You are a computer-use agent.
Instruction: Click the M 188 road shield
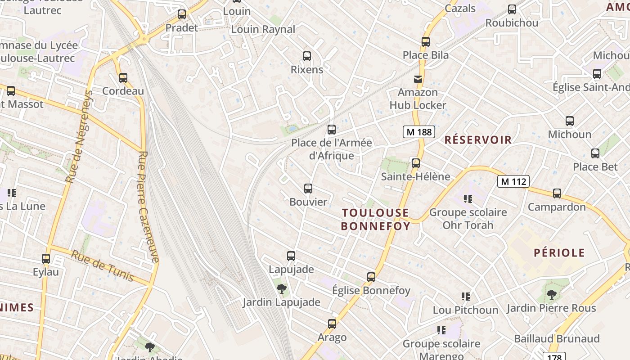pos(418,132)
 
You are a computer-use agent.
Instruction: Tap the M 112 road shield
pos(513,182)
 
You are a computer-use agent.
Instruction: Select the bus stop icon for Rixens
pos(307,56)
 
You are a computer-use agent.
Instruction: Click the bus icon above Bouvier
pos(308,189)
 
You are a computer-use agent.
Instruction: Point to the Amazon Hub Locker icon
pos(418,79)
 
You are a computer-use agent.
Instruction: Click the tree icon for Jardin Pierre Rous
pos(551,295)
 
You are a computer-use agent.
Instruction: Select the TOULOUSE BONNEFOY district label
pos(375,219)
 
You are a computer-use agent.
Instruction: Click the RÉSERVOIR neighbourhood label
pos(478,140)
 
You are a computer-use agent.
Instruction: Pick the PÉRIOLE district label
pos(559,253)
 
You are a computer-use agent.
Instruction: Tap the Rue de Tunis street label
pos(103,266)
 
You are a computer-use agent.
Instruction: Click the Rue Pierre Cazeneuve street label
pos(148,207)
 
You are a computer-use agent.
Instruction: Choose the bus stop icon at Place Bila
pos(426,42)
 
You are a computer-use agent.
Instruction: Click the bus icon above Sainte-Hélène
pos(416,163)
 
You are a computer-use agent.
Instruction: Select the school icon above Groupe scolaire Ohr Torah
pos(468,198)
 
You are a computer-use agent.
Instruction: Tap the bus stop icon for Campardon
pos(557,193)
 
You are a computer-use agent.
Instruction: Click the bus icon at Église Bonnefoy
pos(371,277)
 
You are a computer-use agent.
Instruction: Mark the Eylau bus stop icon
pos(46,259)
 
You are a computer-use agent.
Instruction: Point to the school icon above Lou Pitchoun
pos(466,297)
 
